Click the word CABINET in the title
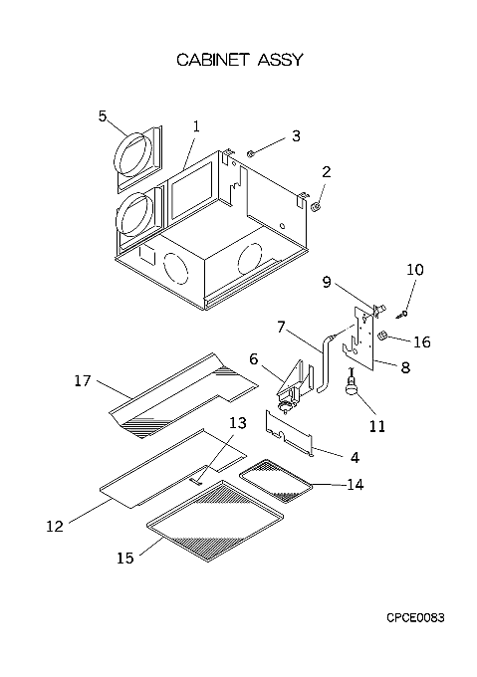(213, 60)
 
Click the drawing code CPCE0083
(415, 618)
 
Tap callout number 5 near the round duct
(102, 116)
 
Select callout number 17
(83, 380)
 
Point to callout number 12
(55, 526)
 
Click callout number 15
(125, 558)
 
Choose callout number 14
(356, 485)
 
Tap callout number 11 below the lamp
(376, 426)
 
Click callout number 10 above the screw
(415, 270)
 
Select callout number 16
(422, 341)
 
